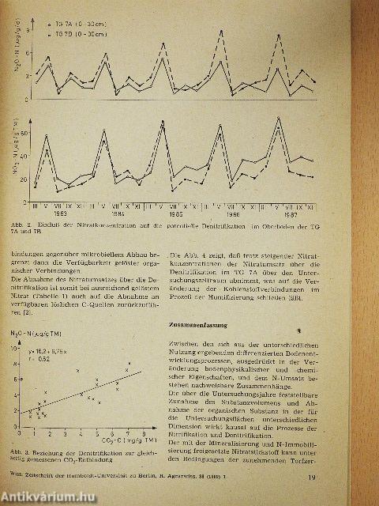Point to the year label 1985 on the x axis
click(175, 213)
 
